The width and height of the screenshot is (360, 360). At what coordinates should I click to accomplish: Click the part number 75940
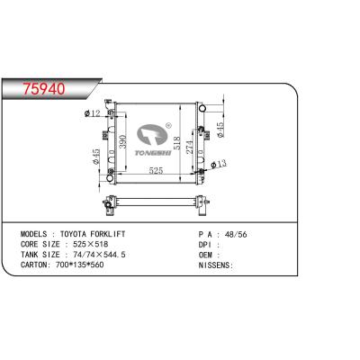[44, 89]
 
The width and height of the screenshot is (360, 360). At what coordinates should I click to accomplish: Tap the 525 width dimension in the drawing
[156, 170]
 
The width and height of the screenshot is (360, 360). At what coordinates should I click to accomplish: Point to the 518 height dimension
[177, 143]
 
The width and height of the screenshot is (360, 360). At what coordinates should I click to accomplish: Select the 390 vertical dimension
[123, 141]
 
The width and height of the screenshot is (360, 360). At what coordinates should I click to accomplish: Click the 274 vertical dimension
[190, 147]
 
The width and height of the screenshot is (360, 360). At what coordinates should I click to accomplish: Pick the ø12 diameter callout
[92, 113]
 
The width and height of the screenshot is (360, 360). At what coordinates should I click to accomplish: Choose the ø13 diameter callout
[219, 164]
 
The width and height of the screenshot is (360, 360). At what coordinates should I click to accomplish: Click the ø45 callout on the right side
[220, 130]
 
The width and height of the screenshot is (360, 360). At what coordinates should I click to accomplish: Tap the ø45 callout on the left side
[96, 157]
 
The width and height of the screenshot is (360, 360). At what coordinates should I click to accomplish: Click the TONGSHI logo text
[153, 153]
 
